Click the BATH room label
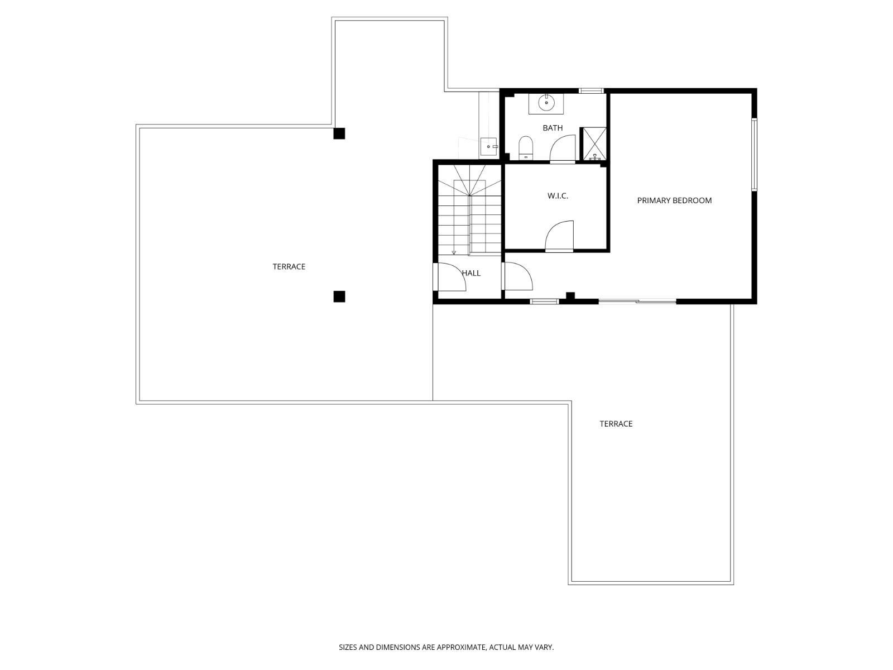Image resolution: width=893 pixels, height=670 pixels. tap(553, 128)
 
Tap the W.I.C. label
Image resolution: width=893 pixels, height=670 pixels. tap(558, 196)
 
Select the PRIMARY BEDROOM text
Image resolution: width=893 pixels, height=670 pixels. tap(674, 200)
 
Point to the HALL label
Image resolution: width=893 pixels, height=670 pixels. tap(472, 273)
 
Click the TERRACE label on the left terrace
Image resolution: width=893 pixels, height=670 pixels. tap(289, 267)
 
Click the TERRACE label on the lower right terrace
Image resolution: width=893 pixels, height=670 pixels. tap(616, 424)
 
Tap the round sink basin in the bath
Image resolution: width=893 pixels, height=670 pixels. tap(546, 103)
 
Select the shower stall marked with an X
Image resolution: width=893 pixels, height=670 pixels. tap(594, 144)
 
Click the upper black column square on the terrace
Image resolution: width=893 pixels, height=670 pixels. tap(339, 133)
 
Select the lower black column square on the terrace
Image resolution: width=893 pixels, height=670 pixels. tap(339, 296)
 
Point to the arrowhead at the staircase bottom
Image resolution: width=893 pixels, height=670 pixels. tap(454, 252)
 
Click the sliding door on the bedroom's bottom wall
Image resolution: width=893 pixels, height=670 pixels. tap(637, 302)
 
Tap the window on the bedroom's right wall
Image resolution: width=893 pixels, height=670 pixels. tap(753, 155)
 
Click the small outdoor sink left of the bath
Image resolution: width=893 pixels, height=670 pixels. tap(488, 146)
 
